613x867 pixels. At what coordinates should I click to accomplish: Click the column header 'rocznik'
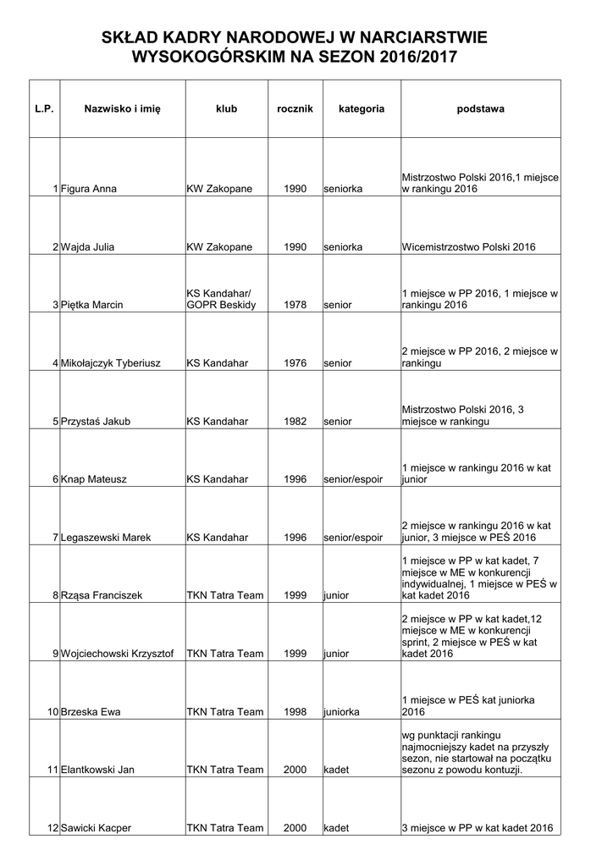tap(295, 109)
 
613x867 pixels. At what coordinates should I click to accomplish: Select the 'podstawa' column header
tap(480, 109)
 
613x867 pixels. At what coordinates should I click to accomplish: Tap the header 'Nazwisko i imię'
tap(122, 109)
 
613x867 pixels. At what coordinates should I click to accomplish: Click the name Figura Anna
tap(89, 189)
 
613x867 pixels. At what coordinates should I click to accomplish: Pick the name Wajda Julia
tap(88, 247)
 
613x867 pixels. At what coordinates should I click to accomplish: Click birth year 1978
tap(295, 305)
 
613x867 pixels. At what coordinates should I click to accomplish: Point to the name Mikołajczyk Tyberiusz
tap(115, 363)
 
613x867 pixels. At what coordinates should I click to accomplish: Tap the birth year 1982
tap(295, 421)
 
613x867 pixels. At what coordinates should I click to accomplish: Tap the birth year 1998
tap(295, 712)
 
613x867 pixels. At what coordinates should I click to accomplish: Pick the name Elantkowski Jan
tap(98, 770)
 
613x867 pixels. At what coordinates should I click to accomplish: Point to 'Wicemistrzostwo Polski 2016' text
tap(469, 247)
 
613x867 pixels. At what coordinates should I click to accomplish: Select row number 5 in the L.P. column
tap(55, 421)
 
